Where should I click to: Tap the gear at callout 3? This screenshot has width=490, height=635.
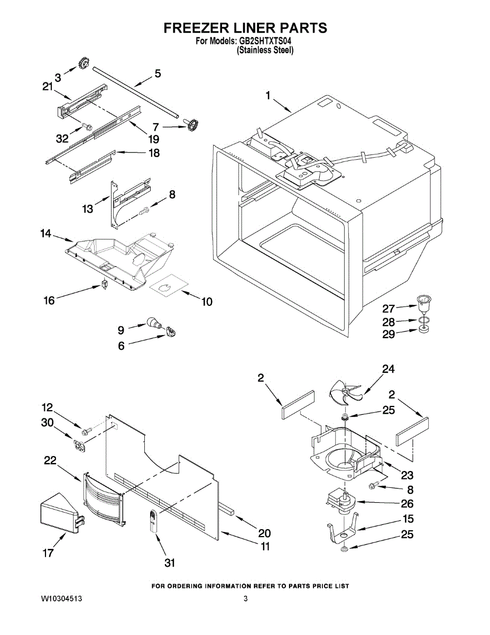click(x=82, y=64)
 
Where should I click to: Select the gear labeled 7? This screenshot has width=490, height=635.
click(x=191, y=126)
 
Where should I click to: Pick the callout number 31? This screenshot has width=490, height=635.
click(x=169, y=563)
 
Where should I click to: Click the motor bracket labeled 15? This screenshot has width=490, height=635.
click(x=343, y=531)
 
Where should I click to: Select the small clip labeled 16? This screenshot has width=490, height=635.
click(x=104, y=284)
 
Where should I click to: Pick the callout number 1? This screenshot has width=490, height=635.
click(x=268, y=96)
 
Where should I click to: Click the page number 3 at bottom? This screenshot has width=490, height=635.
click(x=245, y=598)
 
